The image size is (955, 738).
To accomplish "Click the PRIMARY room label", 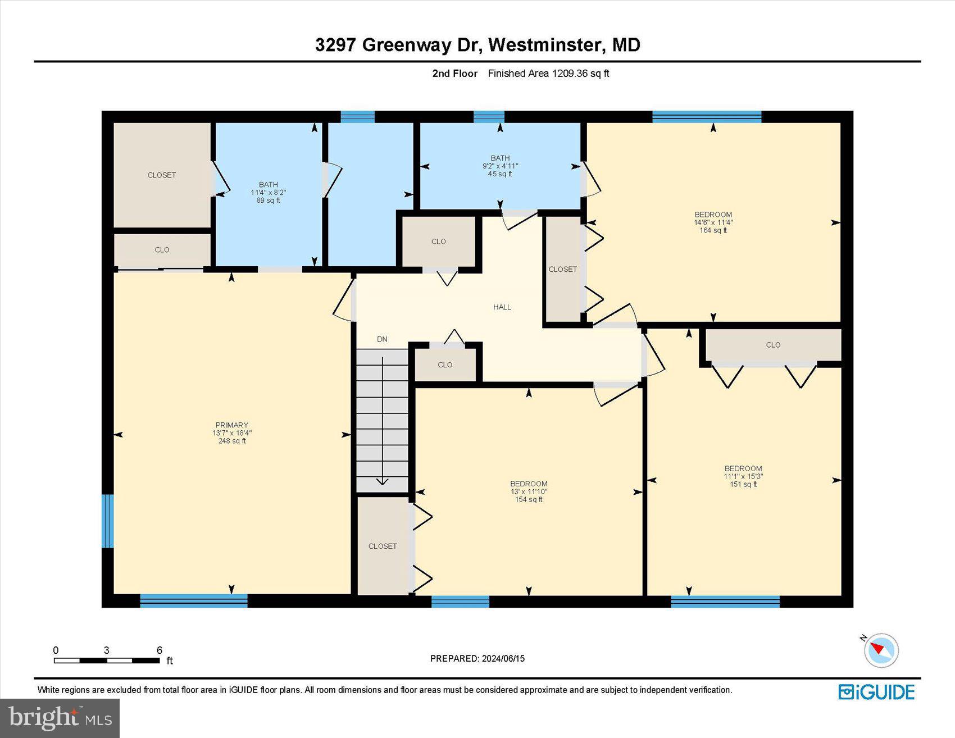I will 231,425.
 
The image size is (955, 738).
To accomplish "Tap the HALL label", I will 502,307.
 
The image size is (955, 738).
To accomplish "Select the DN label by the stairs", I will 382,339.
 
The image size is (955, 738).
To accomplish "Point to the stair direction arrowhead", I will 382,481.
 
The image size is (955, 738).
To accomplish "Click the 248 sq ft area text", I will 231,441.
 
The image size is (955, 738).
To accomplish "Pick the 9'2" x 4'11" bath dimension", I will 500,166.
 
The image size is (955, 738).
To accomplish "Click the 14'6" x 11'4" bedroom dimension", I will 713,222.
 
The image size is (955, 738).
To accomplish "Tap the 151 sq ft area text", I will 743,484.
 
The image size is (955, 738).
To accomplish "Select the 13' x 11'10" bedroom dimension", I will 528,491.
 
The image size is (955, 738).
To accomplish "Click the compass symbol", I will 881,650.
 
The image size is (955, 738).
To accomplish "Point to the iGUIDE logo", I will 876,691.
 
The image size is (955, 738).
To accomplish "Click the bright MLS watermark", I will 60,718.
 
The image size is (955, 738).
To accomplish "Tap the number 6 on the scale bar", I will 160,650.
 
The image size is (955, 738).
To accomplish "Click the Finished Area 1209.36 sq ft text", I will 548,74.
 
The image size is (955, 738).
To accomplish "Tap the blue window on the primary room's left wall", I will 107,521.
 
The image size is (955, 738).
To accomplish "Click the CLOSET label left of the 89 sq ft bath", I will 162,175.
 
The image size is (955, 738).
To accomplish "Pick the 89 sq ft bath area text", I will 268,201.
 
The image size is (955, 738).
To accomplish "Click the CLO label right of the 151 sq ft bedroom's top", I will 773,345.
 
